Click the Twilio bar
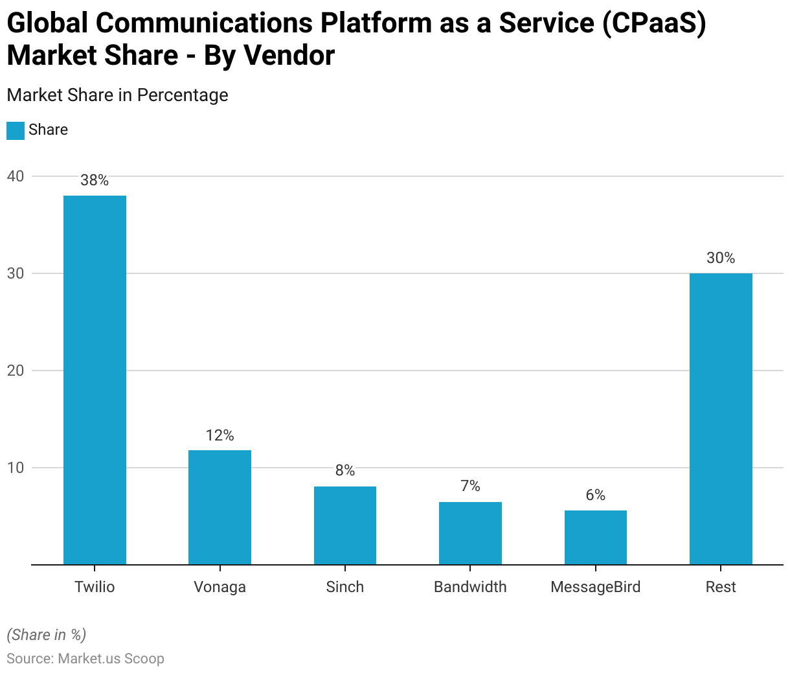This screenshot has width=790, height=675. pyautogui.click(x=95, y=380)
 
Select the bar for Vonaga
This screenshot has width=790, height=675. pyautogui.click(x=220, y=507)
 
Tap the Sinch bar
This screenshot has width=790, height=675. pyautogui.click(x=345, y=525)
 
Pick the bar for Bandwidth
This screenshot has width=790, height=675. pyautogui.click(x=470, y=533)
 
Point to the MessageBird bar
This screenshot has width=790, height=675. pyautogui.click(x=596, y=538)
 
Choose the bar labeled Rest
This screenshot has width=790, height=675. pyautogui.click(x=721, y=418)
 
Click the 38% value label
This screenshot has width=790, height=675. pyautogui.click(x=95, y=181)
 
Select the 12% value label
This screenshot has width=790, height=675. pyautogui.click(x=220, y=435)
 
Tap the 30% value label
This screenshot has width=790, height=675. pyautogui.click(x=721, y=258)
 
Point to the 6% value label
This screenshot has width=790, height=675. pyautogui.click(x=596, y=496)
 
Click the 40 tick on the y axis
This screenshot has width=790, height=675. pyautogui.click(x=16, y=176)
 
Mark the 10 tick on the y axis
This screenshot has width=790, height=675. pyautogui.click(x=16, y=468)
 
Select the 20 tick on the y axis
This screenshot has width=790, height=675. pyautogui.click(x=16, y=371)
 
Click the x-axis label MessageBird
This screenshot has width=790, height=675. pyautogui.click(x=596, y=587)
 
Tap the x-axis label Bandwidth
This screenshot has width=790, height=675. pyautogui.click(x=470, y=587)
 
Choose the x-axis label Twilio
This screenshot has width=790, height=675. pyautogui.click(x=95, y=587)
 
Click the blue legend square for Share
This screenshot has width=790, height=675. pyautogui.click(x=16, y=130)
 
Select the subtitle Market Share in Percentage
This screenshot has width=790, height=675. pyautogui.click(x=117, y=95)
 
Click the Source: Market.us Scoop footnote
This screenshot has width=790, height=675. pyautogui.click(x=85, y=659)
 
